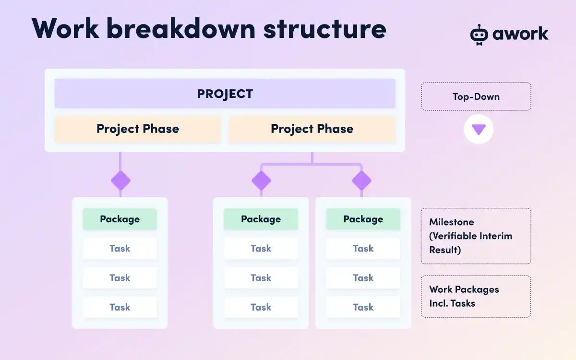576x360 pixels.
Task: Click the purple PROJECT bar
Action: coord(225,94)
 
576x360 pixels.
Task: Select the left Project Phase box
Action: coord(138,129)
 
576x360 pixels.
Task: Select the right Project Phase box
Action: coord(312,129)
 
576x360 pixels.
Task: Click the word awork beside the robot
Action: coord(520,34)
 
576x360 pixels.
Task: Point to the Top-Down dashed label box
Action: coord(476,96)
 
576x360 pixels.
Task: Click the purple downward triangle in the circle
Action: coord(479,129)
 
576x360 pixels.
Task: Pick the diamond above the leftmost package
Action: coord(120,180)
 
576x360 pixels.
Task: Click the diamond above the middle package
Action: coord(261,180)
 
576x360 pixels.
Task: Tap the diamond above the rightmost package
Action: coord(361,180)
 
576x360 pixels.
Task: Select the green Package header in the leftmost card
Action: coord(120,219)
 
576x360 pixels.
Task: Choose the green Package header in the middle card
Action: coord(261,219)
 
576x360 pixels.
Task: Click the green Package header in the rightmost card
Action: coord(363,219)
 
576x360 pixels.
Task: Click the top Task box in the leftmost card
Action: coord(120,248)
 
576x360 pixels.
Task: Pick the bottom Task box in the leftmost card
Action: coord(120,307)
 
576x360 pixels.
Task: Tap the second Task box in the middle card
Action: coord(261,278)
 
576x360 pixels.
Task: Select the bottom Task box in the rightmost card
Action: coord(363,307)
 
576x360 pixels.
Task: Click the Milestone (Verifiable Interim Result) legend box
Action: coord(476,236)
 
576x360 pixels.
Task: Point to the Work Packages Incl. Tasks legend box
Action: coord(476,296)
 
